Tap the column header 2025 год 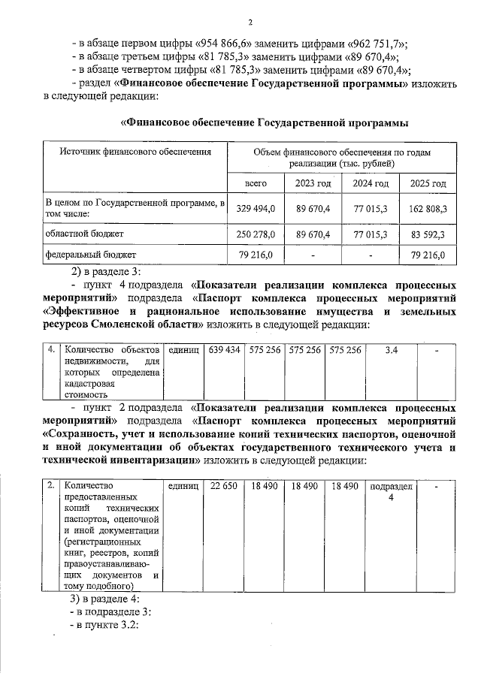428,183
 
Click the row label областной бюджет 81,234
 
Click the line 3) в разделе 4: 104,599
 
